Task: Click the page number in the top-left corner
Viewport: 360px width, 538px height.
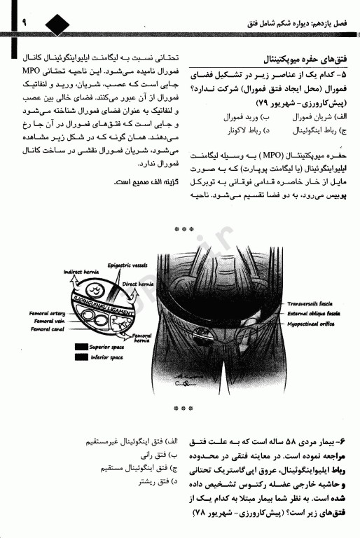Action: point(8,24)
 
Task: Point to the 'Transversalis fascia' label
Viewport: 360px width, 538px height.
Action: point(309,306)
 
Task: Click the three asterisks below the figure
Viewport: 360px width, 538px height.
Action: point(183,406)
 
